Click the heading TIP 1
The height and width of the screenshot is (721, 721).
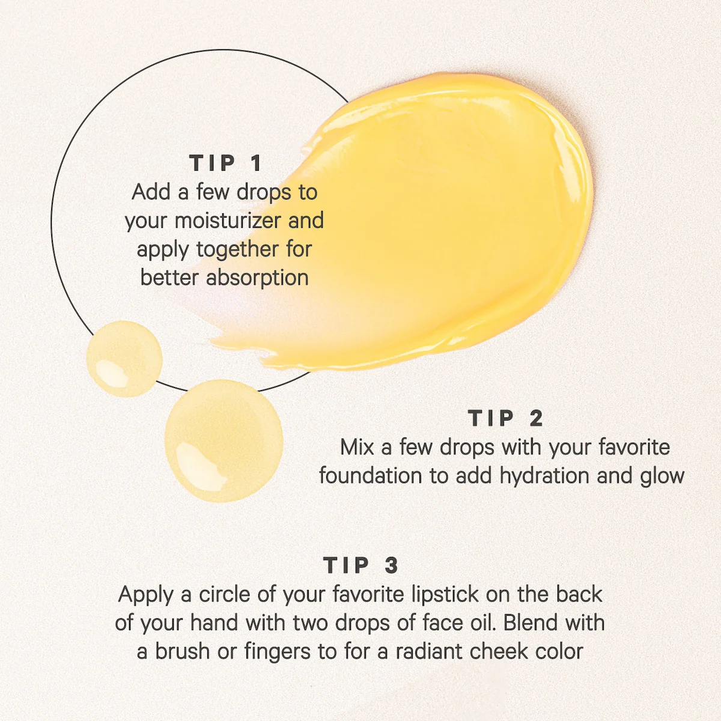[226, 163]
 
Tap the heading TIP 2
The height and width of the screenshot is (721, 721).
[505, 418]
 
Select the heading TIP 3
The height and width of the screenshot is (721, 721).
[360, 565]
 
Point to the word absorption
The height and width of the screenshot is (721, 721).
[257, 278]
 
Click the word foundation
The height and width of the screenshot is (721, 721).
[371, 476]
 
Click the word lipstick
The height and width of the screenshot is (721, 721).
[445, 594]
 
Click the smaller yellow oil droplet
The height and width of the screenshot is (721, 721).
[124, 359]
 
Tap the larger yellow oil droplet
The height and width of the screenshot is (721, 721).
[224, 440]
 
